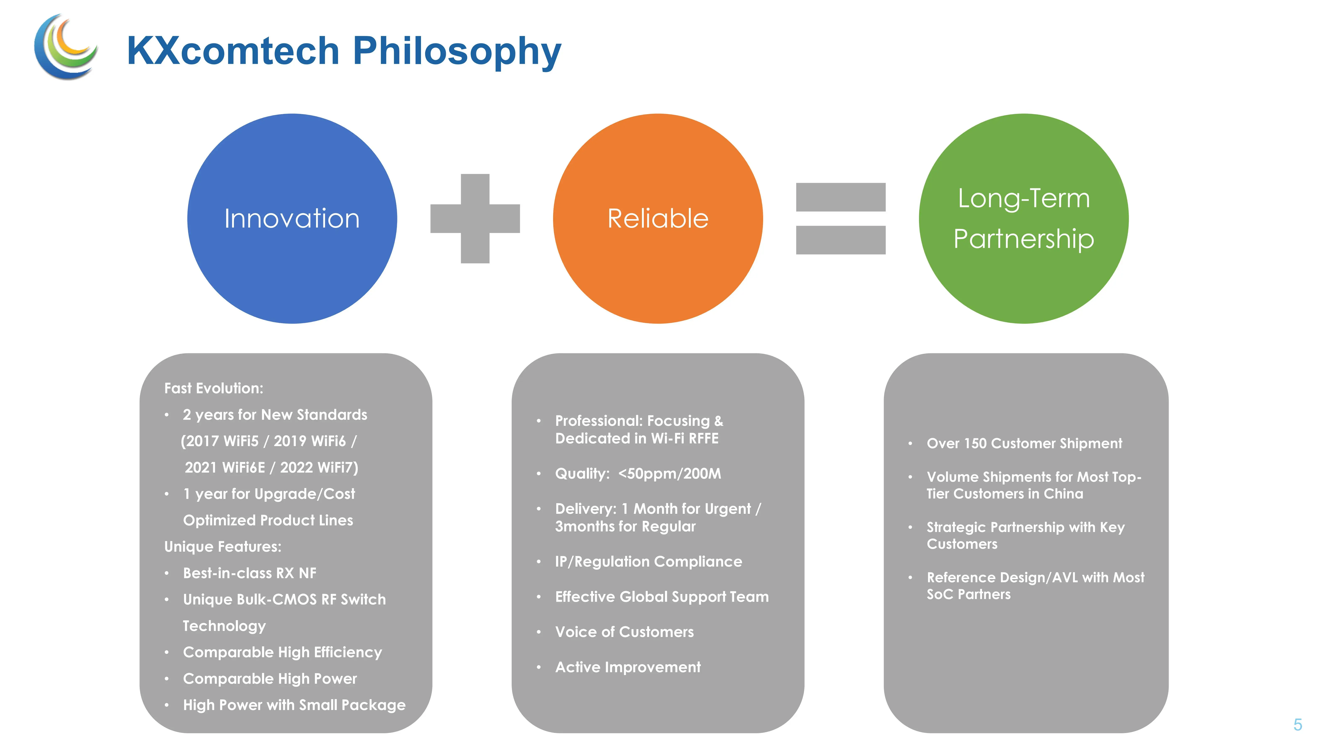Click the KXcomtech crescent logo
pos(65,47)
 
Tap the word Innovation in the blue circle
pos(292,218)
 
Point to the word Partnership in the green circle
pos(1023,239)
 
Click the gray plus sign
pos(475,218)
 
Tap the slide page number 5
pos(1297,724)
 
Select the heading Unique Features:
pos(223,547)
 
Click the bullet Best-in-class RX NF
pos(249,573)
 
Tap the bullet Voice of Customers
pos(624,632)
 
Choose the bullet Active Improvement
pos(628,668)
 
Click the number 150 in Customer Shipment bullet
pos(975,444)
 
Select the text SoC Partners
pos(969,595)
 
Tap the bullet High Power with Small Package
pos(294,706)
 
